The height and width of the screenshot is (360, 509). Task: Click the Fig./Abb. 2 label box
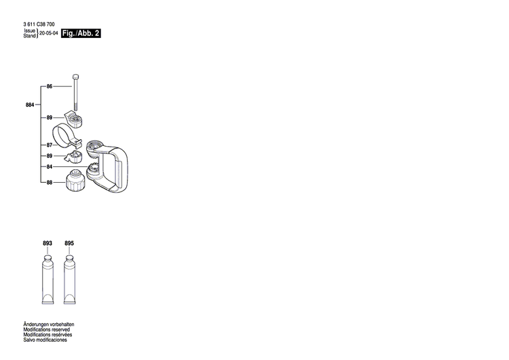coord(81,33)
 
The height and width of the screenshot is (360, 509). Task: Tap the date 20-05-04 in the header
coord(49,33)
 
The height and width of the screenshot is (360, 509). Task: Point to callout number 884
coord(29,105)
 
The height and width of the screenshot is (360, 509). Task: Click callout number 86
coord(50,86)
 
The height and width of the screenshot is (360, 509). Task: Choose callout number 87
coord(50,145)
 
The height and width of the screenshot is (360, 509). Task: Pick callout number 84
coord(50,166)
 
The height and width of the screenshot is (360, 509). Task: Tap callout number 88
coord(50,182)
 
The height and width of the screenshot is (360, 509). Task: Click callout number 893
coord(47,243)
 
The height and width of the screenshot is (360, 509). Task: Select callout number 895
coord(69,243)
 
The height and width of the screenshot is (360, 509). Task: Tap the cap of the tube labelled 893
coord(47,260)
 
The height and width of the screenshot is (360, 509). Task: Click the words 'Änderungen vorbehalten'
coord(48,325)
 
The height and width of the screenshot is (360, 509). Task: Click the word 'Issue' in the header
coord(29,31)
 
